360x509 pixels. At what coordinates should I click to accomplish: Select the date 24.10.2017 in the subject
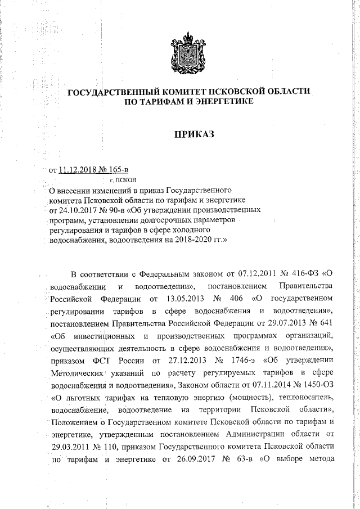click(76, 209)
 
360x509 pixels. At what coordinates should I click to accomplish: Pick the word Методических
click(76, 372)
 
